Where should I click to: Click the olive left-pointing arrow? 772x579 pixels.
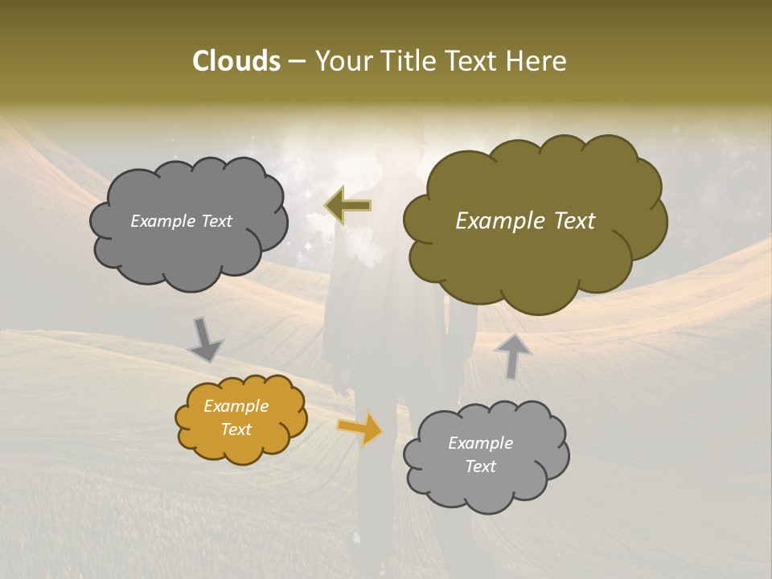(348, 206)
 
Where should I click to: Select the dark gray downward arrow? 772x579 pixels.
(205, 339)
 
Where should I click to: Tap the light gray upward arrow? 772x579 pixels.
(513, 356)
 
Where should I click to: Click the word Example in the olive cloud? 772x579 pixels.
(499, 221)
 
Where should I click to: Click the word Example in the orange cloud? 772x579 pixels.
(236, 406)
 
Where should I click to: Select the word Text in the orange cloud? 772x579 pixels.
(236, 429)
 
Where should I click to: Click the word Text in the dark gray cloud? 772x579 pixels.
(216, 221)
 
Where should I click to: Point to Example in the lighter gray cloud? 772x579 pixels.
(480, 443)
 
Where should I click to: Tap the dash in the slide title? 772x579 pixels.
(296, 62)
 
